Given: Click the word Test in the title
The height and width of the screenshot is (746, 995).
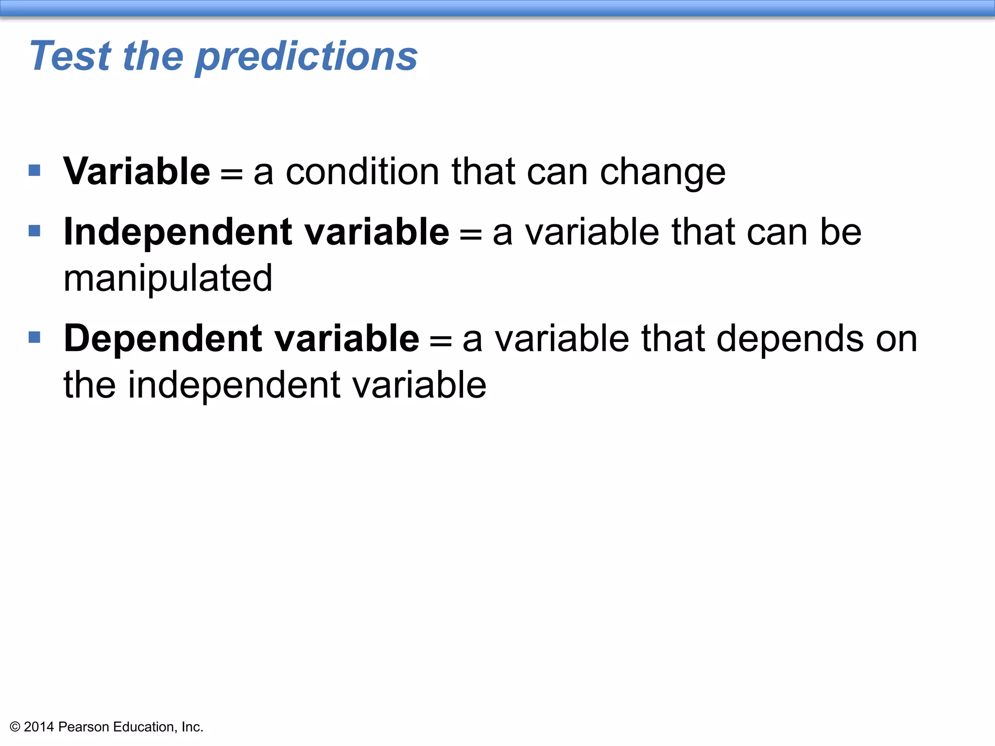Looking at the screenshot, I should pos(70,56).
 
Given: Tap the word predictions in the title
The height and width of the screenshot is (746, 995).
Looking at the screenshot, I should pos(307,57).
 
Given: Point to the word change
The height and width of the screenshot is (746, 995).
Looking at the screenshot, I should pos(663,173).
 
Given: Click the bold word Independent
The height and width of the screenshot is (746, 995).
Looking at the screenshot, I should pos(178,233).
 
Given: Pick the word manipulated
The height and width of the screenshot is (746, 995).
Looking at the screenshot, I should pos(168,279).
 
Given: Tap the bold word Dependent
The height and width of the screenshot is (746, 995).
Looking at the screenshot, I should pos(163,339).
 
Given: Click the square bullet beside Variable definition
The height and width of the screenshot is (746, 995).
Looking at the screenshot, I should pos(34,170).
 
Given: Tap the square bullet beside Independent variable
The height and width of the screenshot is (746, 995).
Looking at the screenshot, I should pos(34,231).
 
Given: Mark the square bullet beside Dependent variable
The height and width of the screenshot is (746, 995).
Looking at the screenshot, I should pos(34,337).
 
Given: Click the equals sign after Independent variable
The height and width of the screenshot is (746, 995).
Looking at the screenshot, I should pos(470,234).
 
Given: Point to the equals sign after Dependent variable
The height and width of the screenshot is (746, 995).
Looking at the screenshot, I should pos(440,340).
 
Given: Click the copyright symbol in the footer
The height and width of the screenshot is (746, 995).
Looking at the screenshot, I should pos(15,727).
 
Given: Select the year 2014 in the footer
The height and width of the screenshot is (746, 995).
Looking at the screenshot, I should pos(38,727).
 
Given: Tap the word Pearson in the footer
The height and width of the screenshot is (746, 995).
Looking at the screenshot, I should pos(84,727).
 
